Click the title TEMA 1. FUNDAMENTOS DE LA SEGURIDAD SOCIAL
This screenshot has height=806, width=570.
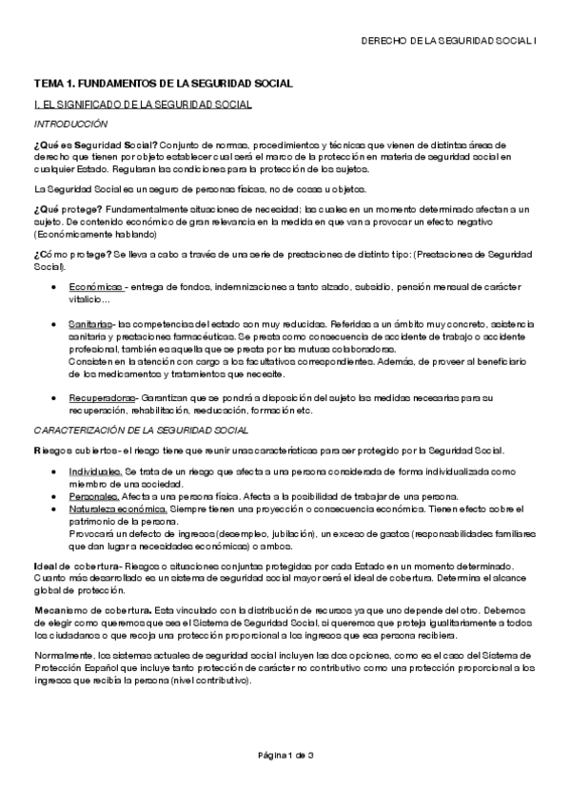click(x=164, y=85)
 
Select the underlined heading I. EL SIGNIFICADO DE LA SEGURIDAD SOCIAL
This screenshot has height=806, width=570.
click(x=143, y=105)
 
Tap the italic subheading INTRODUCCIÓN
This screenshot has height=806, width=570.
click(x=71, y=125)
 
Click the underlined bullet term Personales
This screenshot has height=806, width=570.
click(x=94, y=496)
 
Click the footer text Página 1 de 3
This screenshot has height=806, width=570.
click(x=285, y=756)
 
